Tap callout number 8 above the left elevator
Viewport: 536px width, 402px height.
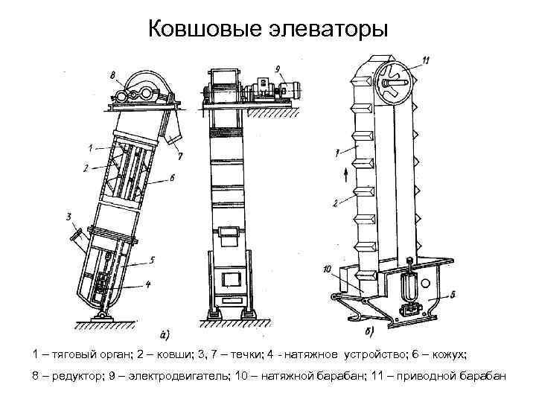click(111, 74)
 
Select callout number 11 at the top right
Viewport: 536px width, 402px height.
click(425, 60)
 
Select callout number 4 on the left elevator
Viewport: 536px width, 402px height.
click(147, 284)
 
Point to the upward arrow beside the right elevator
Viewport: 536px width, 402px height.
click(347, 176)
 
